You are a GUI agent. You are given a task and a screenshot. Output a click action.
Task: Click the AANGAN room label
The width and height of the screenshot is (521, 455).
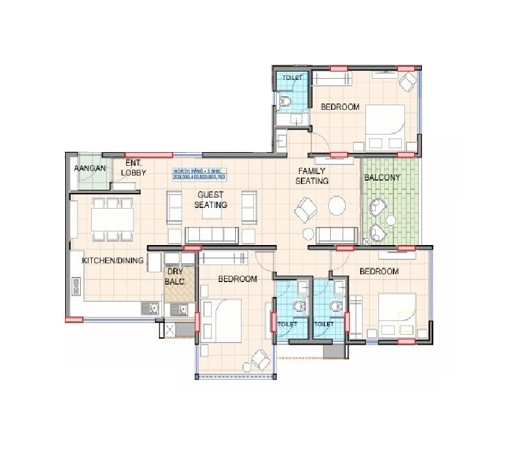pyautogui.click(x=85, y=168)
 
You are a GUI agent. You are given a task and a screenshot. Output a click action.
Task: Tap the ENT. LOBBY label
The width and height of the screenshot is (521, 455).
pyautogui.click(x=134, y=168)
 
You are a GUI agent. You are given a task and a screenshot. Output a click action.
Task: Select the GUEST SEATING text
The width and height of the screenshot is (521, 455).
pyautogui.click(x=210, y=200)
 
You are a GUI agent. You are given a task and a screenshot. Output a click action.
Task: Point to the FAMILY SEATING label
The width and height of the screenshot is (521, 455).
pyautogui.click(x=312, y=176)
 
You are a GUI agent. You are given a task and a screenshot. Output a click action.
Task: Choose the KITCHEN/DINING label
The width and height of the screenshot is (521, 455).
pyautogui.click(x=113, y=261)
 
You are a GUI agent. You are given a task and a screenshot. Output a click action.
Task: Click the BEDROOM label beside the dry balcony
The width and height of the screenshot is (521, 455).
pyautogui.click(x=237, y=279)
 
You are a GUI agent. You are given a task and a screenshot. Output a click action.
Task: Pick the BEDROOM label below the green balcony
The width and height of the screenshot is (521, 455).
pyautogui.click(x=378, y=271)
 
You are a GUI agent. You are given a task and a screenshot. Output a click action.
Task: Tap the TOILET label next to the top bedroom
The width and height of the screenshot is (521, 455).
pyautogui.click(x=292, y=78)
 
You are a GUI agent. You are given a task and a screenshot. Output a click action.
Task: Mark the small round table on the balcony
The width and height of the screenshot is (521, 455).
pyautogui.click(x=391, y=221)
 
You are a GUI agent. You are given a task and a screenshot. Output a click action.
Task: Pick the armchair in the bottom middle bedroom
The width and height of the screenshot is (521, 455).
pyautogui.click(x=261, y=358)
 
